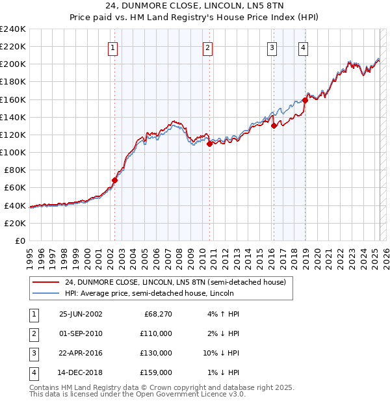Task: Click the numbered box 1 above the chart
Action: pos(113,47)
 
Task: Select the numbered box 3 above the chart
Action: pos(272,47)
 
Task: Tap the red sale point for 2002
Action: pos(114,180)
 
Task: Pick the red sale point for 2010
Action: pos(209,144)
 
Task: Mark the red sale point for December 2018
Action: pos(305,101)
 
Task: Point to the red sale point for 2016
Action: pos(274,126)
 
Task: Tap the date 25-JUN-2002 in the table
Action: pos(81,314)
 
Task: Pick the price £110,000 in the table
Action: pos(157,333)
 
